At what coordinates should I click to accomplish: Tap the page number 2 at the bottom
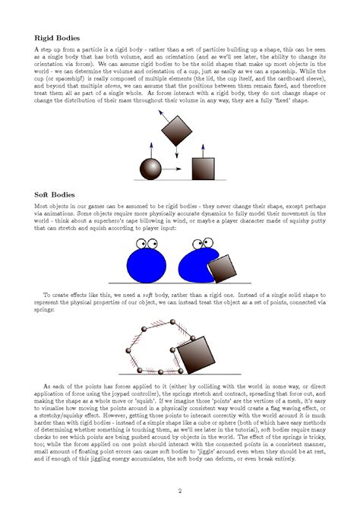click(179, 490)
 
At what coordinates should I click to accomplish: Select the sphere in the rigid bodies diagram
click(154, 167)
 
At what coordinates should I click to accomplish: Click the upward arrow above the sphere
click(154, 150)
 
